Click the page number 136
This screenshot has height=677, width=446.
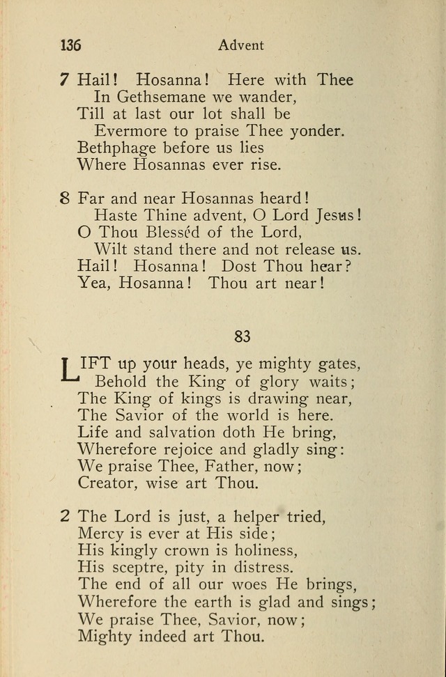coord(71,45)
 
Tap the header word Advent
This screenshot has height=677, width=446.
coord(241,45)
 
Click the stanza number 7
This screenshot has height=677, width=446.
coord(64,79)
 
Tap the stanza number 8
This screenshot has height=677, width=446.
coord(64,197)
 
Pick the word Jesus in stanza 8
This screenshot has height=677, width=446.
coord(337,215)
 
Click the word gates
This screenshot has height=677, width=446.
coord(332,364)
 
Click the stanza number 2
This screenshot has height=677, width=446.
coord(64,517)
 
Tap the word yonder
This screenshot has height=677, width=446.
coord(314,131)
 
